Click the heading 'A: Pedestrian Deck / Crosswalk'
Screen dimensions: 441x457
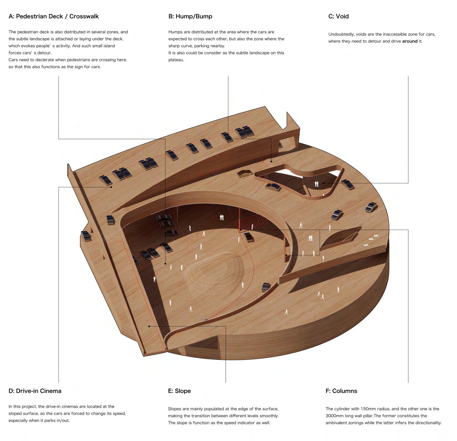point(54,16)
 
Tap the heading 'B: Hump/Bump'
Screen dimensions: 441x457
point(190,16)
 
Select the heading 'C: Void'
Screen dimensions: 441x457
point(338,16)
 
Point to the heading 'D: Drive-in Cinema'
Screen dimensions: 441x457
point(35,391)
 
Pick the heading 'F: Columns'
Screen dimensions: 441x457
point(341,391)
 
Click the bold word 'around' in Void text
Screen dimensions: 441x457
point(410,41)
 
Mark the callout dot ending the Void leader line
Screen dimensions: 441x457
point(323,183)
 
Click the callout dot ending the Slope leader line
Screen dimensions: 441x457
point(149,326)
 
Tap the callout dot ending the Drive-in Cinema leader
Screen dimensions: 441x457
point(111,187)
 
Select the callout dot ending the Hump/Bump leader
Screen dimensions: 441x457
point(272,162)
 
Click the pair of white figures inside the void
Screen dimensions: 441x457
point(316,184)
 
